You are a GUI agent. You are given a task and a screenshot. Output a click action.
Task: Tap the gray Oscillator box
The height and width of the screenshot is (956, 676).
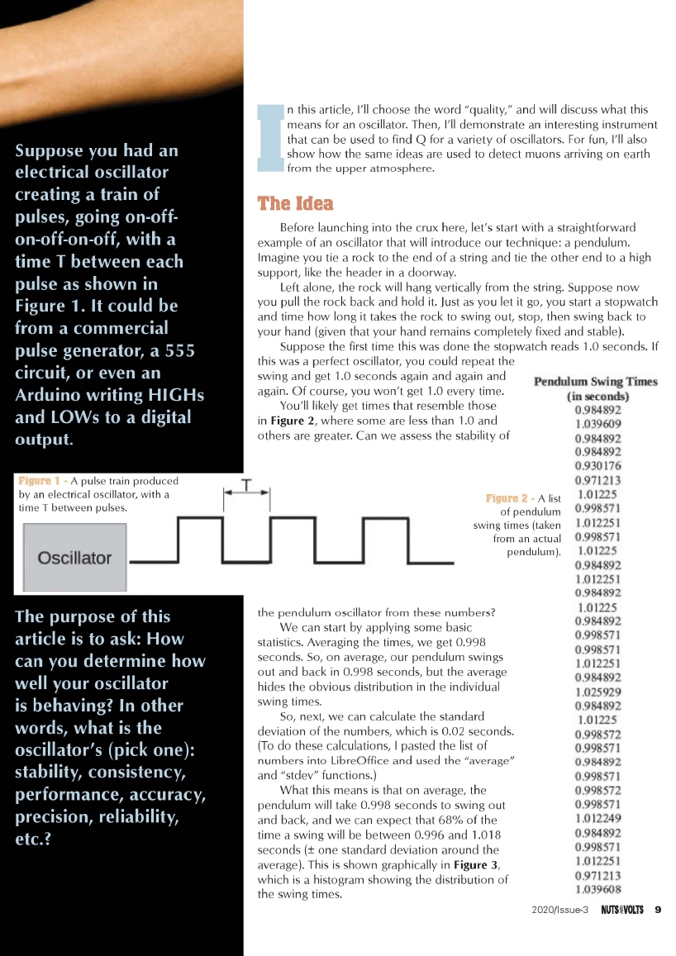74,558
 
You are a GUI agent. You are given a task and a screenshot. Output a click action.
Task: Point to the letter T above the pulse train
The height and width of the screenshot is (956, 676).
246,485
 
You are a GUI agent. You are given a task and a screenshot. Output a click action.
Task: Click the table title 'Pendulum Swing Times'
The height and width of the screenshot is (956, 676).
595,382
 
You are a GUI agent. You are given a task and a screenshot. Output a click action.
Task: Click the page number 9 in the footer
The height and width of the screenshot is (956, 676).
658,911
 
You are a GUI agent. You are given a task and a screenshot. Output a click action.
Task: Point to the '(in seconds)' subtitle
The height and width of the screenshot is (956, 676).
595,396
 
